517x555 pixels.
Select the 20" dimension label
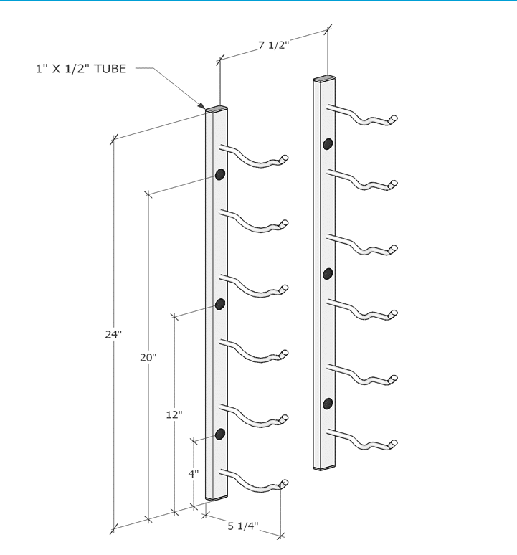[x=148, y=356]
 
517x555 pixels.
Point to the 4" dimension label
[x=194, y=473]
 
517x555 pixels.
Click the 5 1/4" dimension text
[x=242, y=526]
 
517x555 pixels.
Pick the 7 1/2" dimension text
[x=273, y=45]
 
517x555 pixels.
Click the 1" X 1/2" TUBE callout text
[x=81, y=69]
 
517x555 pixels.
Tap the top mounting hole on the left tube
[x=220, y=174]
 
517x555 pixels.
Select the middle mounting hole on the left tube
[x=220, y=305]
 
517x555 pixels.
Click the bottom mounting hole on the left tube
[x=220, y=434]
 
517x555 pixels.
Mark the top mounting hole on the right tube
[x=328, y=143]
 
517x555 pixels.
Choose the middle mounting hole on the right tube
[x=328, y=273]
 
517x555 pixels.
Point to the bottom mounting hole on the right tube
[x=328, y=403]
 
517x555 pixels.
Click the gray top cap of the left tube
[x=217, y=110]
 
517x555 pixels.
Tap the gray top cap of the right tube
[x=324, y=78]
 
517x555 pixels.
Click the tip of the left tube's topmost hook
[x=285, y=158]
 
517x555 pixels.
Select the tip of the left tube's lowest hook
[x=285, y=483]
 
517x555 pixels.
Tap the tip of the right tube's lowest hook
[x=393, y=444]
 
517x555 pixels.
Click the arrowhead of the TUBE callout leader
[x=205, y=108]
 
